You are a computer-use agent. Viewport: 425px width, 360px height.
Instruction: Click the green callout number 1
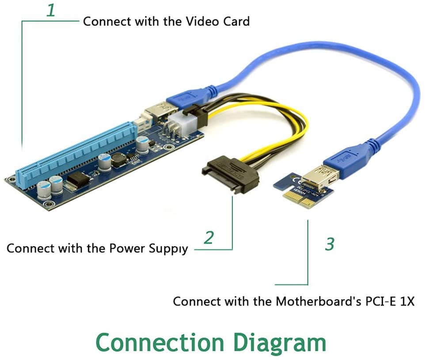coord(51,10)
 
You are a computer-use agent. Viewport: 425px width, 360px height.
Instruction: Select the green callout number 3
coord(330,244)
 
